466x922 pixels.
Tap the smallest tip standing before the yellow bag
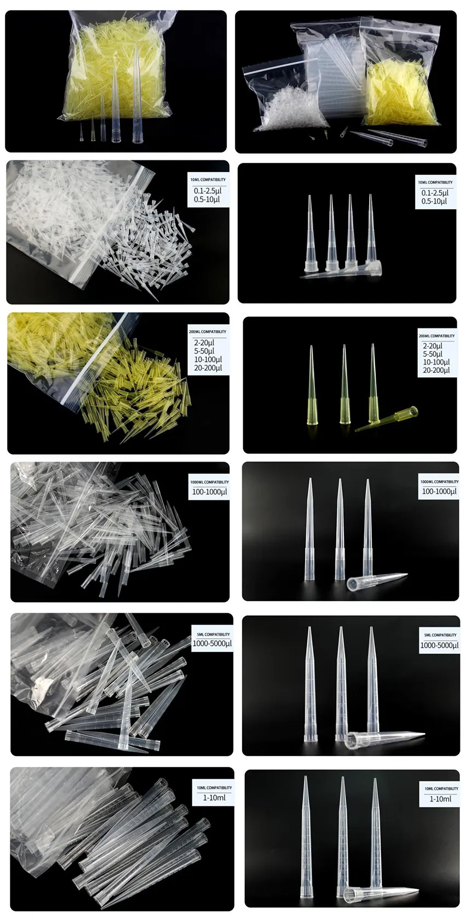(x=82, y=132)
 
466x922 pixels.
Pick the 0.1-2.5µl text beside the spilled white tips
(x=207, y=191)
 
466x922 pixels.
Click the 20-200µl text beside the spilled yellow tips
(x=207, y=368)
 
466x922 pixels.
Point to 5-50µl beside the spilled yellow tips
(x=204, y=351)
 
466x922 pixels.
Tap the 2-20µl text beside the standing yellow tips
(x=433, y=345)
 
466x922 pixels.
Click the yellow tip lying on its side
(x=388, y=419)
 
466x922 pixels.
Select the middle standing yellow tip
(x=344, y=389)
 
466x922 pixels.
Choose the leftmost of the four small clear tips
(x=312, y=235)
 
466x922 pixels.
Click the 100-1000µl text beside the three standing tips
(x=439, y=491)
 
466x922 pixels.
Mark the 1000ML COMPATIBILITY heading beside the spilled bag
(x=210, y=482)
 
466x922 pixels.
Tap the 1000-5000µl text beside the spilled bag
(x=212, y=643)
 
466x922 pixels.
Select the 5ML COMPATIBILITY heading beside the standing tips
(x=440, y=635)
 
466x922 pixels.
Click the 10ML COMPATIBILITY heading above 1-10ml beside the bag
(x=214, y=788)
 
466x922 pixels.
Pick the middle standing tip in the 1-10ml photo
(x=342, y=832)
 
